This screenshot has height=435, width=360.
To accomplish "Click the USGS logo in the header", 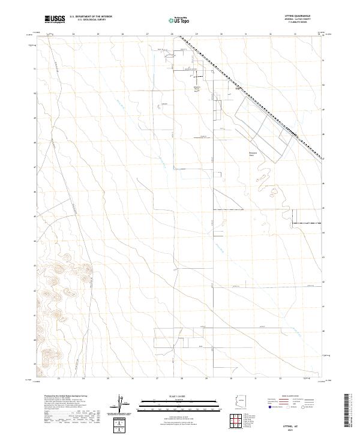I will (55, 19).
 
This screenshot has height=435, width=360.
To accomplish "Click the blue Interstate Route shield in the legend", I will (270, 407).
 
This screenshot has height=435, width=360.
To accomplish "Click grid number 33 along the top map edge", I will (296, 34).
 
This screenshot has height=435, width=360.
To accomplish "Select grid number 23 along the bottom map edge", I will (59, 379).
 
